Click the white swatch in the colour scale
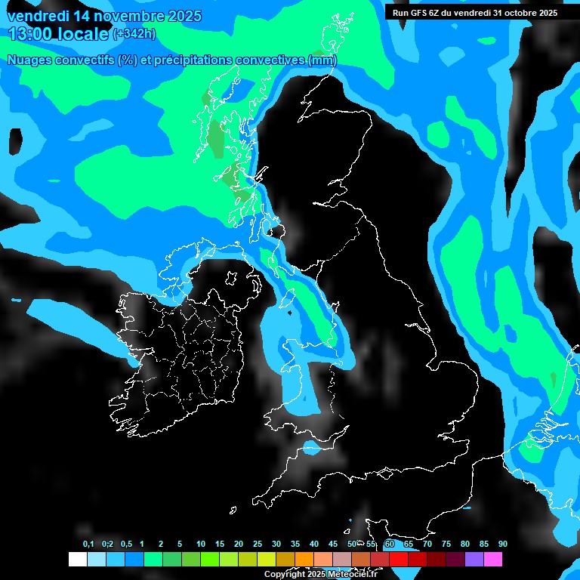pyautogui.click(x=78, y=559)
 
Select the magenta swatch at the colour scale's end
pyautogui.click(x=493, y=559)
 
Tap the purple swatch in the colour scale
pyautogui.click(x=474, y=559)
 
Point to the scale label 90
pyautogui.click(x=502, y=545)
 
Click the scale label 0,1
pyautogui.click(x=88, y=545)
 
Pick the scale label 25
pyautogui.click(x=258, y=545)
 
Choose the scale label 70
pyautogui.click(x=427, y=545)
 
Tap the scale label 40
pyautogui.click(x=314, y=545)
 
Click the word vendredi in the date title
pyautogui.click(x=39, y=16)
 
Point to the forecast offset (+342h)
pyautogui.click(x=134, y=34)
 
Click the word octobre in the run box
pyautogui.click(x=512, y=13)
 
